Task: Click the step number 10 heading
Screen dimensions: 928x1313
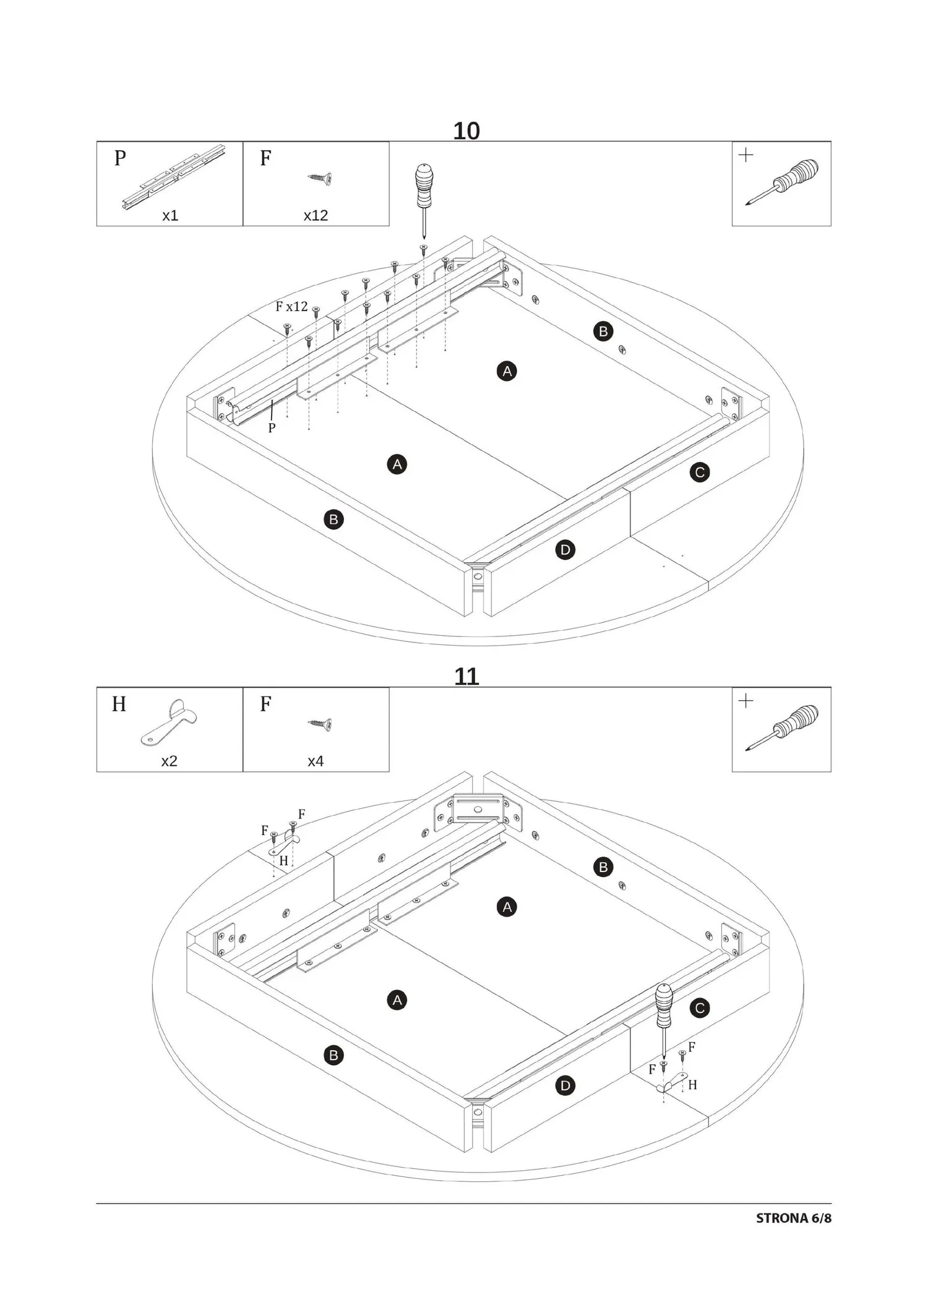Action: (466, 131)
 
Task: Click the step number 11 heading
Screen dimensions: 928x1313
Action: (466, 677)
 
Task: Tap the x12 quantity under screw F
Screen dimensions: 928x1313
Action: (316, 215)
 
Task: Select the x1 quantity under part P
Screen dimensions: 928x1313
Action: (170, 215)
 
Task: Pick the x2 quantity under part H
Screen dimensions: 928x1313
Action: (169, 761)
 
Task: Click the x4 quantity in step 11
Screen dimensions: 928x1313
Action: (316, 761)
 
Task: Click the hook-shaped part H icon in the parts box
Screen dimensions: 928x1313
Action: (169, 722)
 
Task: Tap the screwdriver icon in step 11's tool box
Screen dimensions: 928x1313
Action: (782, 728)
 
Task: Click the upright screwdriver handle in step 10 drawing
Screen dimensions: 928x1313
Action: (423, 185)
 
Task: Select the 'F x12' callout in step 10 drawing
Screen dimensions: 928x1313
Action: (291, 306)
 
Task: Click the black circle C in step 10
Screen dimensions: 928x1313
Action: (700, 473)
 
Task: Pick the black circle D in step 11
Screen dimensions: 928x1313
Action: (565, 1085)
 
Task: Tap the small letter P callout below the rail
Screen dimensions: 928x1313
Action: (272, 427)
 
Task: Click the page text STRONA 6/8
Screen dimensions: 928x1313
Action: (794, 1218)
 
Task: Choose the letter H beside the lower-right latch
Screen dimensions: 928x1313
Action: (692, 1084)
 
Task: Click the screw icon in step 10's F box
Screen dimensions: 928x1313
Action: (320, 178)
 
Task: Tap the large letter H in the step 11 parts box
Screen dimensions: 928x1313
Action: (119, 704)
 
